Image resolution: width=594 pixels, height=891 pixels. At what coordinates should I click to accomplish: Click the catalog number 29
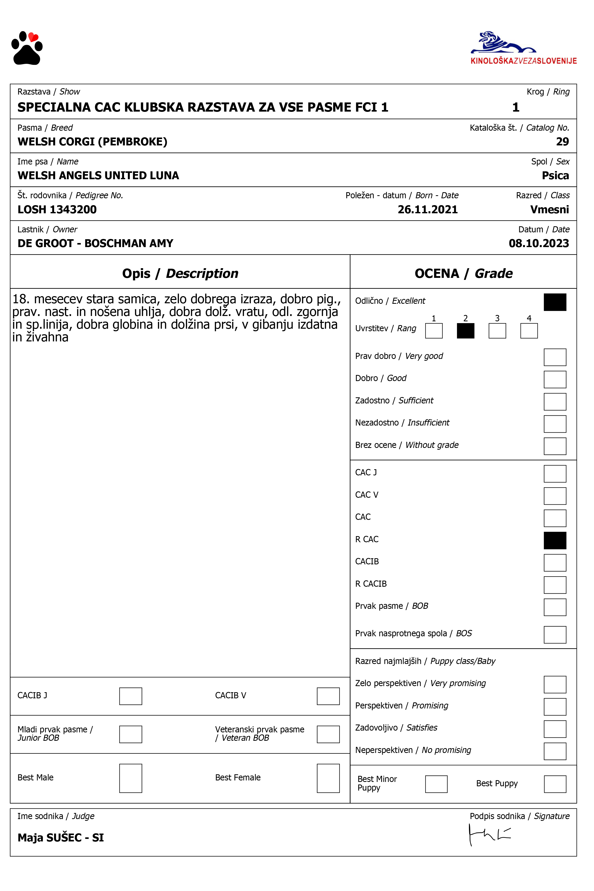tap(562, 142)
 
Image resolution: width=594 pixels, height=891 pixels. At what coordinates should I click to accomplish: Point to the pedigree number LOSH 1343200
tap(57, 209)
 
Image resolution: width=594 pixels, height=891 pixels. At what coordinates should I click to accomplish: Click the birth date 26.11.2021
tap(427, 209)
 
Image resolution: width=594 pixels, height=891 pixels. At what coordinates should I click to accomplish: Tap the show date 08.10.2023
tap(538, 243)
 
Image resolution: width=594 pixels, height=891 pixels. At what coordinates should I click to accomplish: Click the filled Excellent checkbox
tap(555, 302)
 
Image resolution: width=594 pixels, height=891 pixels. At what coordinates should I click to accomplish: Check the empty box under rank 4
tap(529, 331)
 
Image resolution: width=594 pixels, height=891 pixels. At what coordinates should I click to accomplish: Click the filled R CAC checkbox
tap(555, 541)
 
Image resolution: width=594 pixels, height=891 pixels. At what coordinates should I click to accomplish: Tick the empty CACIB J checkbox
tap(130, 696)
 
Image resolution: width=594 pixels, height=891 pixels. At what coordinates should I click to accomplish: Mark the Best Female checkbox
tap(328, 778)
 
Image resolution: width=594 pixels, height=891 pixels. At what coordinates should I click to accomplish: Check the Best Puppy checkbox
tap(555, 784)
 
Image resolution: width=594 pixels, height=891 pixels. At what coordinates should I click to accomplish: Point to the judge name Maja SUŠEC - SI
tap(60, 838)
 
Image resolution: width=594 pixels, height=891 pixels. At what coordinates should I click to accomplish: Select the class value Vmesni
tap(549, 209)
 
